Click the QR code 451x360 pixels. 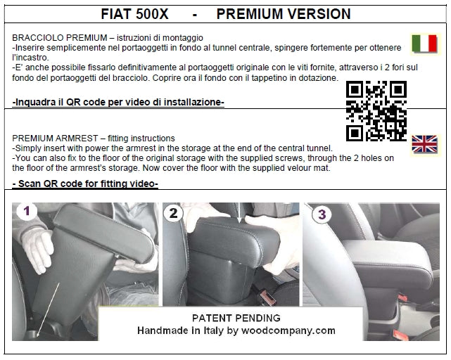[376, 110]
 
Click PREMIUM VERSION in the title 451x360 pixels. [284, 14]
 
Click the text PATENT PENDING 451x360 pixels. [236, 318]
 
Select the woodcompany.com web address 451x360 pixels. [290, 330]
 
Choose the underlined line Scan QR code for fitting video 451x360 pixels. [85, 184]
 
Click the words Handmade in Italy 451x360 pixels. [176, 330]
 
